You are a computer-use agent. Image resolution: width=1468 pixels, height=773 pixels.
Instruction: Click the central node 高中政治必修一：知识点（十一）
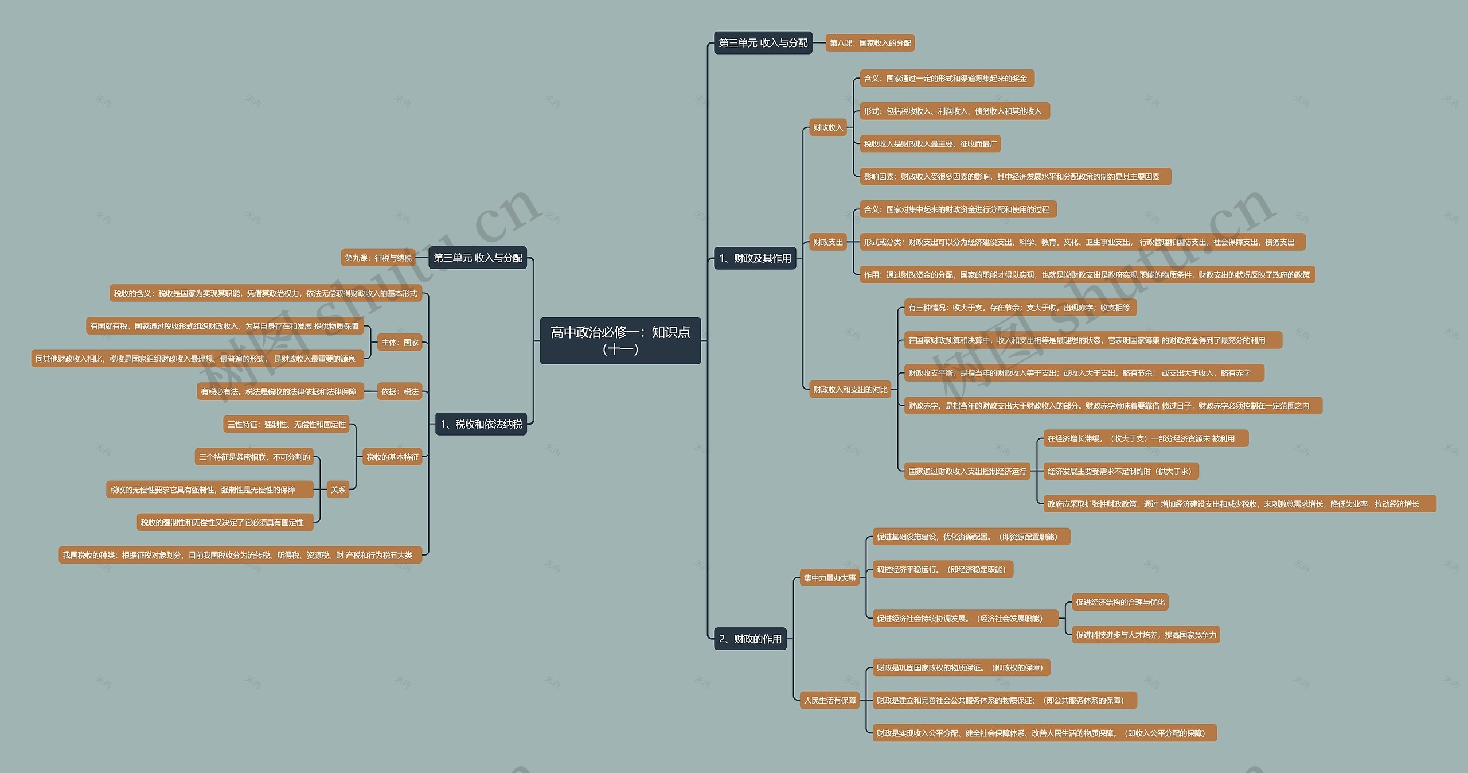point(620,340)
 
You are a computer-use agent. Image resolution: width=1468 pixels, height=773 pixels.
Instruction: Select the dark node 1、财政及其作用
point(755,258)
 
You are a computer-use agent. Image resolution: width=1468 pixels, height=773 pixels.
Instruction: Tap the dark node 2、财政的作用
point(750,639)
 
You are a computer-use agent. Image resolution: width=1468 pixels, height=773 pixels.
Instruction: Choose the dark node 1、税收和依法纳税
point(481,424)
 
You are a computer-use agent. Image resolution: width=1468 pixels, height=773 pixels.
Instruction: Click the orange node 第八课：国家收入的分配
point(870,43)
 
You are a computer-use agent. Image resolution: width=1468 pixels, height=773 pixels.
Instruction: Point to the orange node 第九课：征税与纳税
point(378,258)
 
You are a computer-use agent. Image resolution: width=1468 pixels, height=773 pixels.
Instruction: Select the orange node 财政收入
point(827,127)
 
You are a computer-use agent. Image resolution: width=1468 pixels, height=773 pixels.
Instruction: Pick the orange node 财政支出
point(827,242)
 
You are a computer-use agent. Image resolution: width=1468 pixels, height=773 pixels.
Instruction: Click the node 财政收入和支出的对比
point(850,390)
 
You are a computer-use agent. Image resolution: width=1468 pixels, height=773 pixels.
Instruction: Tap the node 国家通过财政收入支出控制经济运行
point(967,471)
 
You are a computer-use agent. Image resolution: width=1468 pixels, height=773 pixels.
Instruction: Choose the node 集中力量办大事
point(829,578)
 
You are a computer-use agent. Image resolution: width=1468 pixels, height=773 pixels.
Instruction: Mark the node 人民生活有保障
point(829,700)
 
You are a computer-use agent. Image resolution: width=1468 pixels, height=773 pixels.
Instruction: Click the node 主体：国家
point(400,343)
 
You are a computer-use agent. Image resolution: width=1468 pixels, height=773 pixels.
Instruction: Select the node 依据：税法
point(400,391)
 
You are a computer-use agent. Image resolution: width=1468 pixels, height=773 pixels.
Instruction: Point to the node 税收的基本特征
point(392,457)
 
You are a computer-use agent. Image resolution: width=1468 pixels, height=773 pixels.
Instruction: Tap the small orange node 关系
point(338,490)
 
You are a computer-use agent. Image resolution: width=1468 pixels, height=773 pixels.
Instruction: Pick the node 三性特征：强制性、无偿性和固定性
point(286,424)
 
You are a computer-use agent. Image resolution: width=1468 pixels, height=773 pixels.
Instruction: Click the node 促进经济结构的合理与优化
point(1120,602)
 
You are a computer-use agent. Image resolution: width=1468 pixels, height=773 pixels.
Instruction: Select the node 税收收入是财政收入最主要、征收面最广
point(930,144)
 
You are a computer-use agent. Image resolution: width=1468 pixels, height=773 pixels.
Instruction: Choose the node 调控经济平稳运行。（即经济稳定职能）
point(943,569)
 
